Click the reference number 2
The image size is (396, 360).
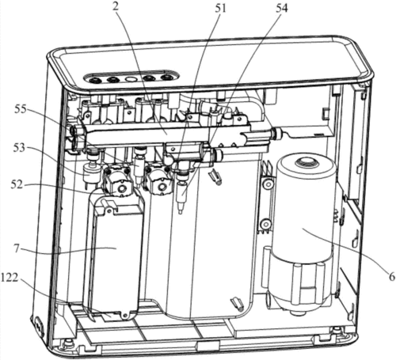click(x=115, y=7)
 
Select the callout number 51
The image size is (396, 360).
click(x=220, y=8)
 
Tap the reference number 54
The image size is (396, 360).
click(x=282, y=8)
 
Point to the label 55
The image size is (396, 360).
click(x=21, y=109)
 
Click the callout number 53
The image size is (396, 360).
click(x=19, y=148)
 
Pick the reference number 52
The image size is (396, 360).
click(x=17, y=184)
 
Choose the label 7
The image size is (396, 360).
click(x=17, y=248)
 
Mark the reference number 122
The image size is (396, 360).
click(x=10, y=278)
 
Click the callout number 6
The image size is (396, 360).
click(x=391, y=277)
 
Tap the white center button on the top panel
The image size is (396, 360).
click(x=130, y=79)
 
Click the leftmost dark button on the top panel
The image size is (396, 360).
click(x=94, y=79)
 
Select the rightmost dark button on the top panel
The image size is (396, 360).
click(x=166, y=78)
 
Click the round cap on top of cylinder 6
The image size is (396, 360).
click(x=306, y=162)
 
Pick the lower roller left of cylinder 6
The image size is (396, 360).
click(x=265, y=225)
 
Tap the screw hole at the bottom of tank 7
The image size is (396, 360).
click(x=126, y=315)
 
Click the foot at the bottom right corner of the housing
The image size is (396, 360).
click(x=336, y=330)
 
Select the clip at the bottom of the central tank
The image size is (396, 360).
click(x=236, y=302)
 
